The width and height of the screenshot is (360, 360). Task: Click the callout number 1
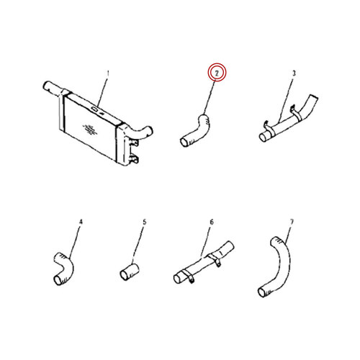pos(108,73)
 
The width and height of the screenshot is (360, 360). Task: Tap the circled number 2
pos(217,73)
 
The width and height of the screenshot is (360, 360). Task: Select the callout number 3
pos(294,73)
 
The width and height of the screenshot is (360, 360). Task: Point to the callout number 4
pos(81,222)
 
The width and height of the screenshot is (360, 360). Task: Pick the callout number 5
pos(144,222)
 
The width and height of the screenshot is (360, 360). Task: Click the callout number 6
pos(212,222)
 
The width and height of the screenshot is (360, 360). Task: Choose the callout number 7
pos(292,222)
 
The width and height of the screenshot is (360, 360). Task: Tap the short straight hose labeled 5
pos(130,271)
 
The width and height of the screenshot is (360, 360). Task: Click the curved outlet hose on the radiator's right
pos(142,133)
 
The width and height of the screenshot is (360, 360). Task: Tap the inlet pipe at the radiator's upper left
pos(54,88)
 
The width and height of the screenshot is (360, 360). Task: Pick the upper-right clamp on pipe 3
pos(296,113)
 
